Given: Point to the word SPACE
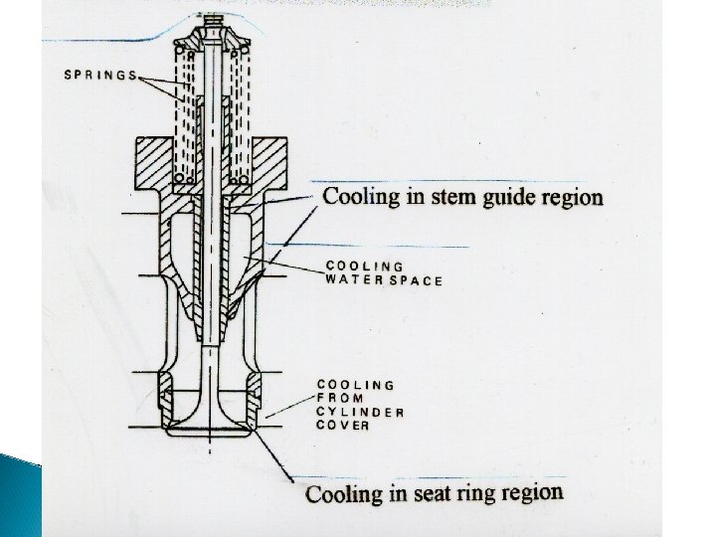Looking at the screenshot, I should (x=414, y=281).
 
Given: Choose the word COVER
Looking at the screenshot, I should (x=343, y=426).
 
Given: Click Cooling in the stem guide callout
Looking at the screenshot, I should (x=363, y=196).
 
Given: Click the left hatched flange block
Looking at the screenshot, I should (x=153, y=165).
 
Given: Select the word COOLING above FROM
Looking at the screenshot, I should (x=356, y=384).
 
